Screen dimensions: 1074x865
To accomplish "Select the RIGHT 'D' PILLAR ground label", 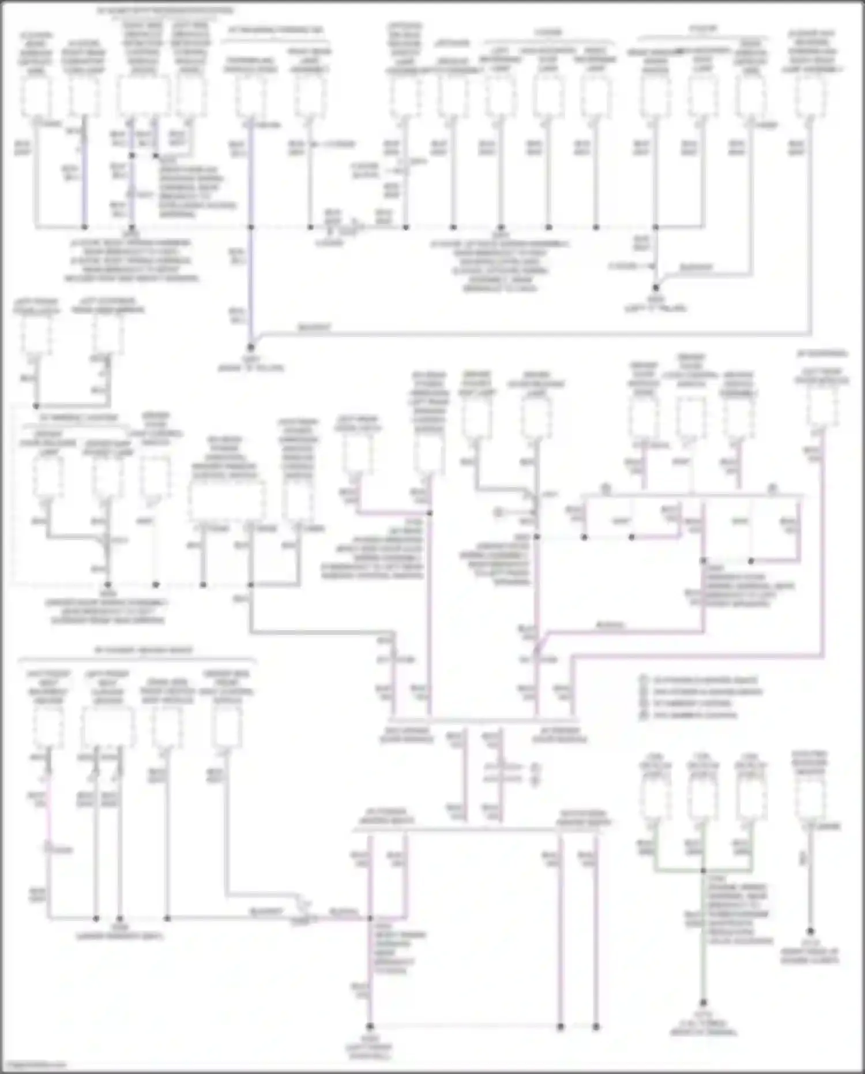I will tap(251, 364).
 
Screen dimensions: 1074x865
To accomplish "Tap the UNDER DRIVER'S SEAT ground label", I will tap(120, 931).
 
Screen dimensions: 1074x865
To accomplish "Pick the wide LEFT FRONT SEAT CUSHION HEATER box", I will tap(108, 726).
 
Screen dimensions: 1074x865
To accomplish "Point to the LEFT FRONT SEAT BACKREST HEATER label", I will tap(48, 687).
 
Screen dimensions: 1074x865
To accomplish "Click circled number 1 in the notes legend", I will tap(644, 680).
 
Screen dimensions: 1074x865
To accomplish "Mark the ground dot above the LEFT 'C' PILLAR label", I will tap(656, 287).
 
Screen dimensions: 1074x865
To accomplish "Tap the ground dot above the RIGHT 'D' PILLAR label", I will tap(251, 347).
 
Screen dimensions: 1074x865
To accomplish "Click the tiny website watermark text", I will tap(33, 1064).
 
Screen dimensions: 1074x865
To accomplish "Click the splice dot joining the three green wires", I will tap(703, 871).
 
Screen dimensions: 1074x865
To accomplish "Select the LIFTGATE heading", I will tap(452, 43).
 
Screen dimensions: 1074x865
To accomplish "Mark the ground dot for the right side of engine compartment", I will tap(810, 931).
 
